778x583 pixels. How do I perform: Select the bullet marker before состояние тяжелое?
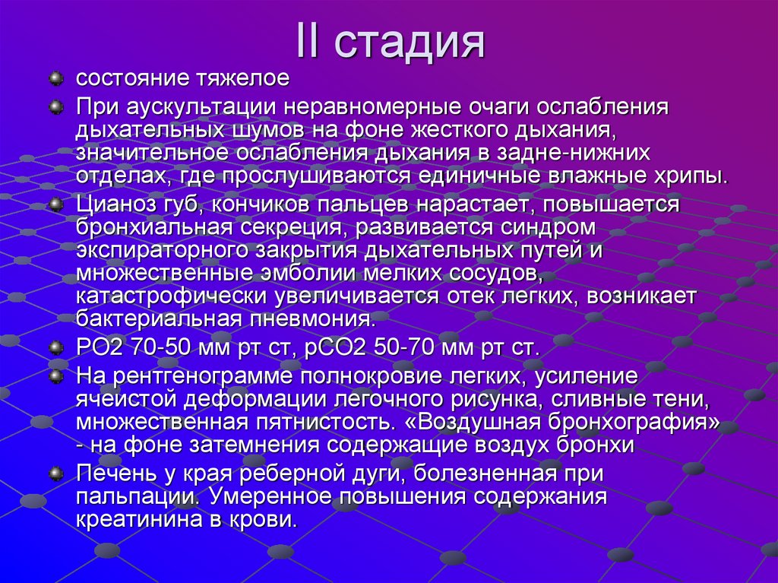point(55,78)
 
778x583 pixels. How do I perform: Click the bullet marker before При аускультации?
point(55,106)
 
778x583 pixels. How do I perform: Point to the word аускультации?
point(201,107)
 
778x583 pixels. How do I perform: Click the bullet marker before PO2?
point(55,348)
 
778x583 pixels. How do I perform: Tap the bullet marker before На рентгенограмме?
point(55,376)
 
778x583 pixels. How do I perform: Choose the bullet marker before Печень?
point(55,474)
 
